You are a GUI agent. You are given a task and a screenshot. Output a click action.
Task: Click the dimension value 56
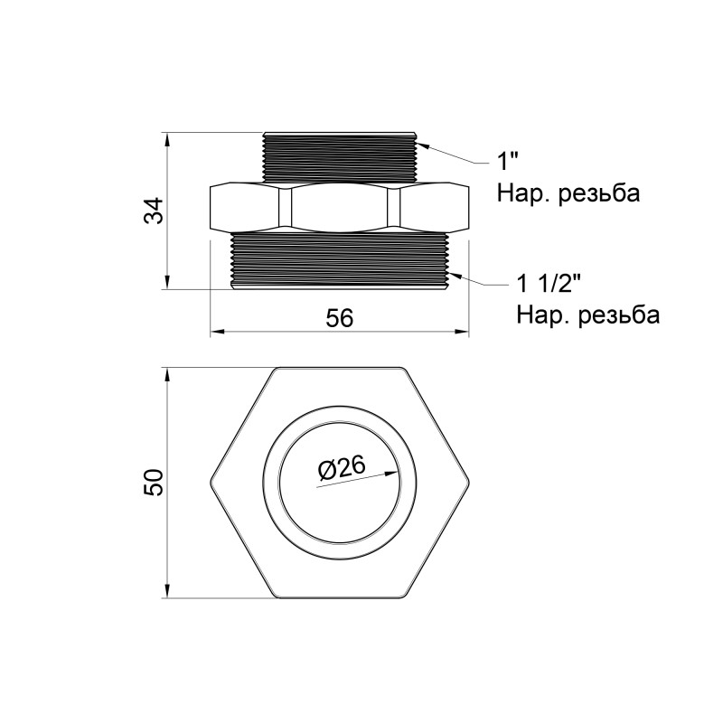click(x=339, y=317)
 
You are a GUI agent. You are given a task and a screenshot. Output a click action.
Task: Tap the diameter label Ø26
click(x=341, y=467)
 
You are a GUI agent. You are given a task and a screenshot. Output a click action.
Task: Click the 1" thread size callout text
click(x=509, y=163)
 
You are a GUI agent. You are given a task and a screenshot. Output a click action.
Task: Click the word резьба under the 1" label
click(x=597, y=194)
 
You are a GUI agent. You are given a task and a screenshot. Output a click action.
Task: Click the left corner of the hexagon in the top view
click(x=212, y=482)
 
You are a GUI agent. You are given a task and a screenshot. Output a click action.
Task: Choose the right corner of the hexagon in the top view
click(x=470, y=482)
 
